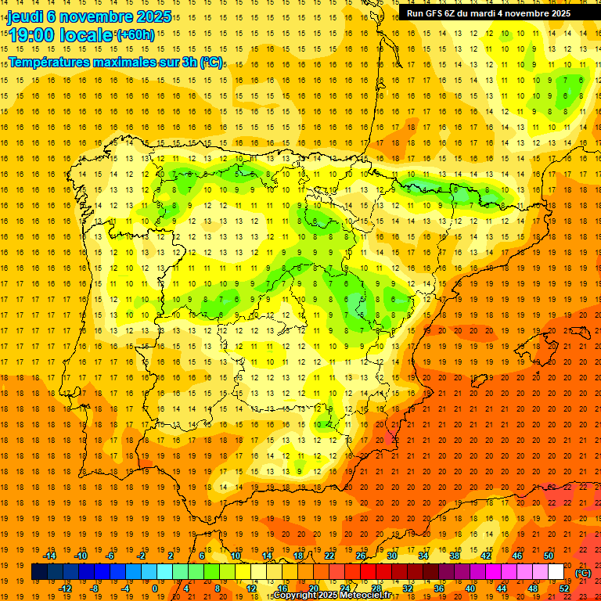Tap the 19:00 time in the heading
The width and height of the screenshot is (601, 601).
[31, 35]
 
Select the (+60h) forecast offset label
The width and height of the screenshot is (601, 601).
[135, 35]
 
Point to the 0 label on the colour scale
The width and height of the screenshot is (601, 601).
[155, 588]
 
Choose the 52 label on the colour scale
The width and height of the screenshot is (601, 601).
[564, 588]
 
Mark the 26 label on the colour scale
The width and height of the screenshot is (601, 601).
[361, 556]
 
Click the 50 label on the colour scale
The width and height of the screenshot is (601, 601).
[549, 556]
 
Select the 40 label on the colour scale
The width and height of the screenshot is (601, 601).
[470, 588]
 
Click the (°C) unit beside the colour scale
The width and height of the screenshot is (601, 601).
[583, 573]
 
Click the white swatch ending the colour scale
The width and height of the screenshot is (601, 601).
[556, 572]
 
